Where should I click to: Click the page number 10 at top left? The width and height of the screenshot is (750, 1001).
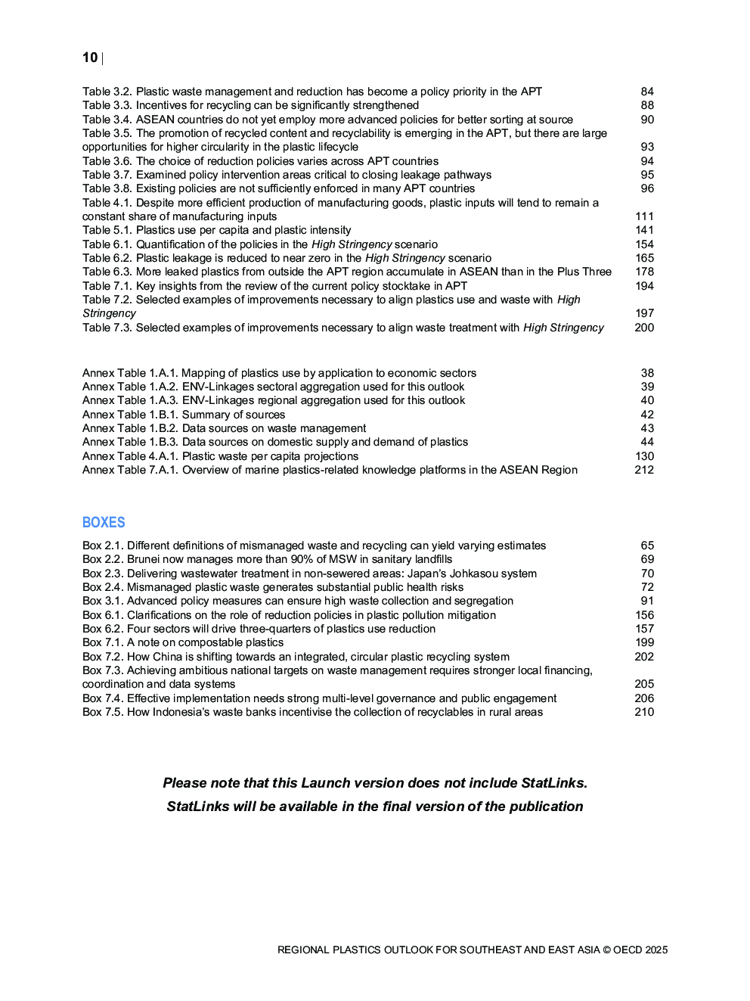(x=90, y=58)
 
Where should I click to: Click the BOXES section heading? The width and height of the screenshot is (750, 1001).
(x=104, y=522)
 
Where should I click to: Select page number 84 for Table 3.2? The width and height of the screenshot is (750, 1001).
(x=647, y=92)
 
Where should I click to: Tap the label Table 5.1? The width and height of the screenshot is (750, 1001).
(x=107, y=230)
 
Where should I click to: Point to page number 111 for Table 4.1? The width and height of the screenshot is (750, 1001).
(x=645, y=216)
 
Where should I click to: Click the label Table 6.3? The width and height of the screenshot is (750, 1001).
(x=107, y=272)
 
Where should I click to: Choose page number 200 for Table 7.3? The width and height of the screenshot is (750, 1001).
(x=644, y=328)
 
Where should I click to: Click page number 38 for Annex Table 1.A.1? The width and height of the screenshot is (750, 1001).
(x=647, y=373)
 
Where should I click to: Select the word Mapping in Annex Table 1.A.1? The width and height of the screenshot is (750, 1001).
(x=204, y=373)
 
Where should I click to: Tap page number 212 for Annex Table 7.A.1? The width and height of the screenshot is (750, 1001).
(x=644, y=470)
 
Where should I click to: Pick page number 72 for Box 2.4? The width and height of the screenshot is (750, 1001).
(x=647, y=587)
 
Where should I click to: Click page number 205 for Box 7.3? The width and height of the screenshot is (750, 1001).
(x=644, y=684)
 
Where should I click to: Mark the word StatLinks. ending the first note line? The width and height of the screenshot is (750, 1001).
(x=554, y=783)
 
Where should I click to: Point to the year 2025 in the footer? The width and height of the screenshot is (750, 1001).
(x=656, y=950)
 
